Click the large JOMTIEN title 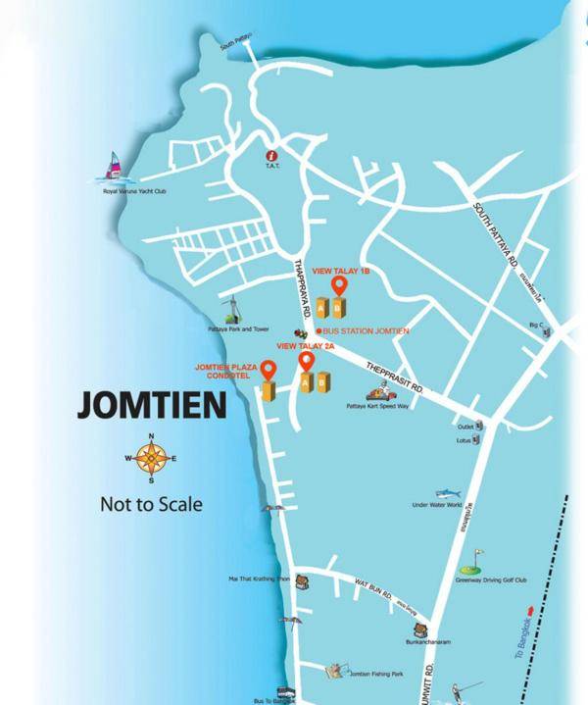click(x=151, y=406)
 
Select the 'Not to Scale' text click(x=151, y=505)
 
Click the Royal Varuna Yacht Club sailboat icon click(x=114, y=167)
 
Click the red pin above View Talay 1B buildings click(x=339, y=285)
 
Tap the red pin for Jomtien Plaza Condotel click(x=266, y=371)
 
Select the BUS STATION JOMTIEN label click(x=365, y=331)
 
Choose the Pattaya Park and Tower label click(x=231, y=329)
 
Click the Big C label click(x=535, y=324)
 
